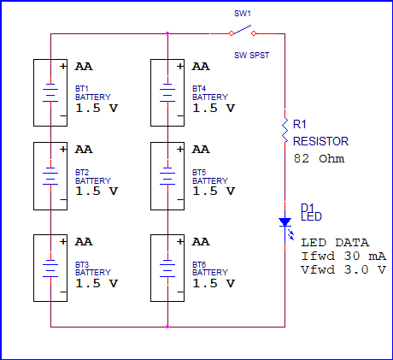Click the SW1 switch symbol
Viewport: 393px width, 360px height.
tap(241, 32)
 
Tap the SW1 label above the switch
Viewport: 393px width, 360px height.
tap(242, 14)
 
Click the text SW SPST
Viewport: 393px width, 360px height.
tap(250, 54)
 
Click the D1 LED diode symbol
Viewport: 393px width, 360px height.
tap(284, 222)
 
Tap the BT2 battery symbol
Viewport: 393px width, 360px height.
tap(51, 175)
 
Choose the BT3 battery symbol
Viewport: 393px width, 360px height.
tap(51, 266)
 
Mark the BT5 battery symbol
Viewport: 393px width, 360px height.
tap(168, 175)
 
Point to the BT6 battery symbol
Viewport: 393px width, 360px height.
tap(168, 266)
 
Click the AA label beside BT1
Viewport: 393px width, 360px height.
tap(84, 66)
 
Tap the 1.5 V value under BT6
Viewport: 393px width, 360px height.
tap(213, 283)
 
